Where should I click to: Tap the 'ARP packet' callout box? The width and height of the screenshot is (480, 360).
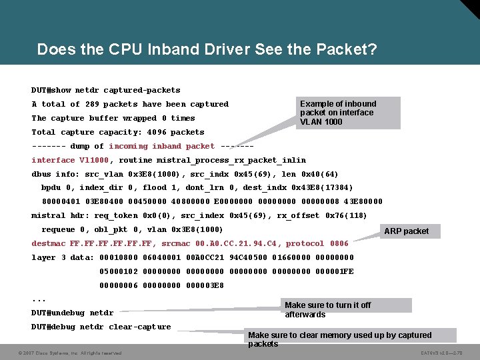pyautogui.click(x=407, y=231)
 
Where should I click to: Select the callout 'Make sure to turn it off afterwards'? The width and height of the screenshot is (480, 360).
pyautogui.click(x=345, y=309)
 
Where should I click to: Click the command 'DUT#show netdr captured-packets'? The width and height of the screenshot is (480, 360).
pyautogui.click(x=105, y=90)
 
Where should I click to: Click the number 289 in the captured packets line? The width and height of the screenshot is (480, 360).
pyautogui.click(x=92, y=104)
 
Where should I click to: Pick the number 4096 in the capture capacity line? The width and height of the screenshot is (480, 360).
pyautogui.click(x=158, y=132)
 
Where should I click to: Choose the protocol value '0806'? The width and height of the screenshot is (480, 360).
pyautogui.click(x=339, y=244)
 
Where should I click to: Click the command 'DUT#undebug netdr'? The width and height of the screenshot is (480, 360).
pyautogui.click(x=72, y=313)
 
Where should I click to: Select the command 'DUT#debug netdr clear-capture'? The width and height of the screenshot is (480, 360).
pyautogui.click(x=101, y=327)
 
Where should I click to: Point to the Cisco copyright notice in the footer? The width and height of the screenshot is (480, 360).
pyautogui.click(x=70, y=353)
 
